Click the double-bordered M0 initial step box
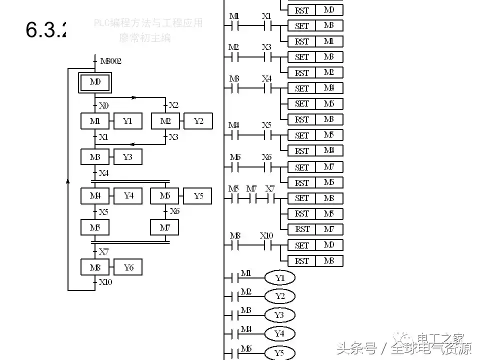tap(95, 82)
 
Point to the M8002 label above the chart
tap(110, 61)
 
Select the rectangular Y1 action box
tap(128, 121)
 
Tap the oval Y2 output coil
tap(280, 296)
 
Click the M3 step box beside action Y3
tap(95, 157)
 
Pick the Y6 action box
tap(128, 267)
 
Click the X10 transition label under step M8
tap(105, 282)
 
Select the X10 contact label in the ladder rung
tap(266, 235)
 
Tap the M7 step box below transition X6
tap(165, 227)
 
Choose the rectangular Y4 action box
tap(128, 196)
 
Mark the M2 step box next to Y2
tap(165, 121)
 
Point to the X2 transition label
tap(173, 105)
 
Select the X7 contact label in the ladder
tap(270, 188)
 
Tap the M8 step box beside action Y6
tap(95, 267)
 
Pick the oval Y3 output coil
tap(279, 315)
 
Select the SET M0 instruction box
tap(315, 245)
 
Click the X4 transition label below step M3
tap(103, 173)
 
